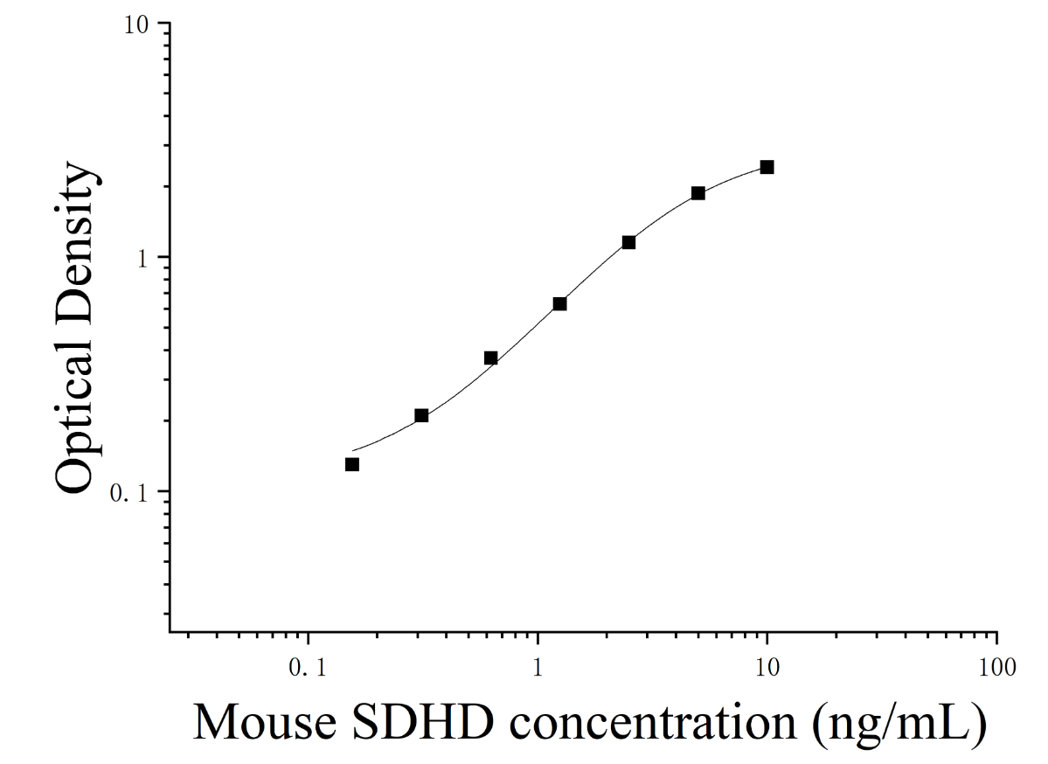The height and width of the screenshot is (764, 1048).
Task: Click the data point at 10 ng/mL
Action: pyautogui.click(x=767, y=167)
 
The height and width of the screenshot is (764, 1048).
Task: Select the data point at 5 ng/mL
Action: pyautogui.click(x=698, y=193)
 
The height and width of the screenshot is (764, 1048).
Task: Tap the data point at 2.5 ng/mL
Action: pyautogui.click(x=629, y=242)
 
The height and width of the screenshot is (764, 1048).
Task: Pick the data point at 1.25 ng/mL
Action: pyautogui.click(x=560, y=303)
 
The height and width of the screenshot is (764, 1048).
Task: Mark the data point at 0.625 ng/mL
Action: pyautogui.click(x=490, y=358)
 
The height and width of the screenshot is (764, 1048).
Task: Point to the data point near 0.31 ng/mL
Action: pyautogui.click(x=421, y=415)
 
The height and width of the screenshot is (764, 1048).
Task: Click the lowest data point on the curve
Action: pyautogui.click(x=352, y=464)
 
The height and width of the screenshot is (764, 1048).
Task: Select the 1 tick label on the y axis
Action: pyautogui.click(x=142, y=259)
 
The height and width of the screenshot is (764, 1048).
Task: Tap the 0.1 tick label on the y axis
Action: pyautogui.click(x=128, y=493)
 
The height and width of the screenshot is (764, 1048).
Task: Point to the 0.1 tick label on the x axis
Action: pyautogui.click(x=309, y=667)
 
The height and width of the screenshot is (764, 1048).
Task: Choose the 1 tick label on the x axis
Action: pyautogui.click(x=538, y=667)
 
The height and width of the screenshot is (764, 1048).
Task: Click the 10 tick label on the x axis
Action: pyautogui.click(x=767, y=667)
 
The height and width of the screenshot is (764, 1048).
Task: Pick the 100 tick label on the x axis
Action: pyautogui.click(x=997, y=667)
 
